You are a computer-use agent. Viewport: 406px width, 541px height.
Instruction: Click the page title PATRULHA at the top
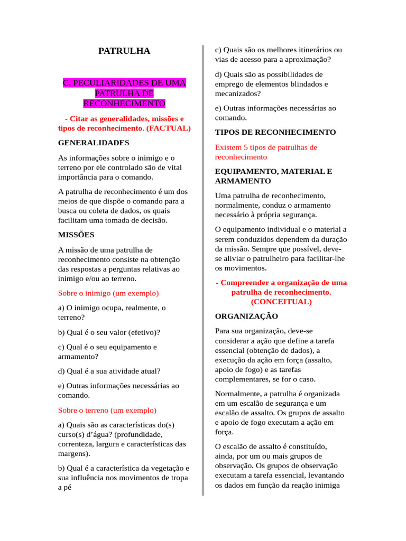pyautogui.click(x=124, y=51)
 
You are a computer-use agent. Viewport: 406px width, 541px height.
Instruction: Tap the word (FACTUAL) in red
pyautogui.click(x=169, y=128)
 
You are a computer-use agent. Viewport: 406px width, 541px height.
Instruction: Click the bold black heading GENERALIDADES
pyautogui.click(x=94, y=143)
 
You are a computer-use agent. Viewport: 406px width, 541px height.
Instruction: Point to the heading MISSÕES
pyautogui.click(x=76, y=235)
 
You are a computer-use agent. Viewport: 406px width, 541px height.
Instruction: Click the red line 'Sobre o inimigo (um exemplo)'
pyautogui.click(x=108, y=293)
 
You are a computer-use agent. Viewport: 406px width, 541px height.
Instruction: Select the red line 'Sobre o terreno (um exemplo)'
pyautogui.click(x=107, y=410)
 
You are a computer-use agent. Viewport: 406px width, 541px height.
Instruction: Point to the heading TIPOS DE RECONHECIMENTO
pyautogui.click(x=275, y=132)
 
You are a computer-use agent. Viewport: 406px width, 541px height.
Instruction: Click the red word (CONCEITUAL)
pyautogui.click(x=281, y=302)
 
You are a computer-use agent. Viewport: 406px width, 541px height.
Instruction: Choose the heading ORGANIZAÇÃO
pyautogui.click(x=246, y=316)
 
